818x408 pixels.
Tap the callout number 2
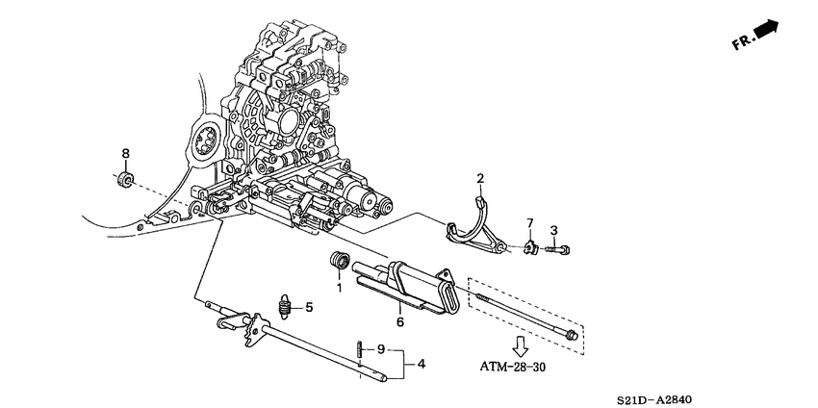pos(480,178)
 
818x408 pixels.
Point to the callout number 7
pos(528,224)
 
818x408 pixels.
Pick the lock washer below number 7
pos(529,249)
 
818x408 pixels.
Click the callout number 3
pos(553,230)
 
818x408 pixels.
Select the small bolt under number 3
pos(557,250)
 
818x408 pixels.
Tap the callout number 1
pos(339,287)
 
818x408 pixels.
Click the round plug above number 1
pos(340,261)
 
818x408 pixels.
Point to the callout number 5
pos(309,308)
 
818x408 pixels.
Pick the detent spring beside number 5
pos(285,307)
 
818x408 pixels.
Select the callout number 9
pos(381,348)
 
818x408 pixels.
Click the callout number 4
pos(420,364)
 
